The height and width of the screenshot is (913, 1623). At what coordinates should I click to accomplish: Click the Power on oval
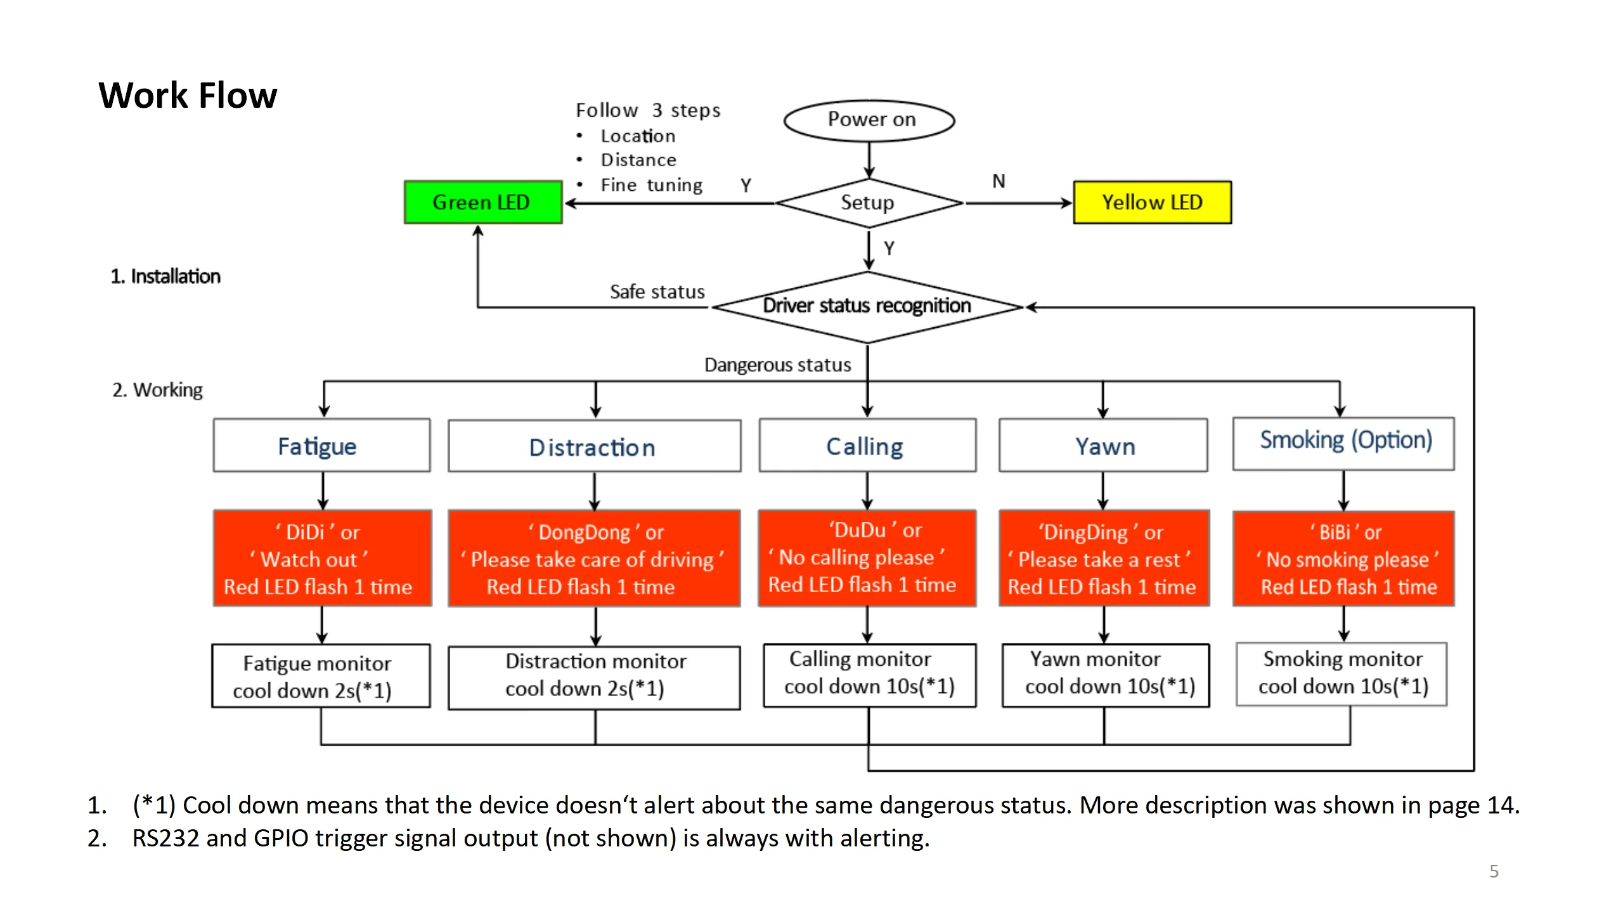click(x=869, y=120)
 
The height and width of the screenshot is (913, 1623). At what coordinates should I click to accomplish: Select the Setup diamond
click(x=868, y=203)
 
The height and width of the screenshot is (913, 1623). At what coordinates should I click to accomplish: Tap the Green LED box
click(x=482, y=202)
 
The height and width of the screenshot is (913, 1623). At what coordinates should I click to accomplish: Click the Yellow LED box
click(x=1152, y=202)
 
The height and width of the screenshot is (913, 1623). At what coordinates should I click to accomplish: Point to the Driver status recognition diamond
click(x=867, y=306)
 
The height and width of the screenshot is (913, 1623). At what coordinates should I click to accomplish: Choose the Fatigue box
click(x=321, y=446)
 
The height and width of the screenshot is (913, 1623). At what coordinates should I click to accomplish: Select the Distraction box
click(x=593, y=446)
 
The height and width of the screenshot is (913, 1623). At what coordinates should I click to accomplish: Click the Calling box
click(x=867, y=446)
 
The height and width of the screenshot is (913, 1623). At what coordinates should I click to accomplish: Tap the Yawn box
click(x=1103, y=446)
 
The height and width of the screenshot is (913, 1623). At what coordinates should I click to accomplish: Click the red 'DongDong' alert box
click(x=593, y=559)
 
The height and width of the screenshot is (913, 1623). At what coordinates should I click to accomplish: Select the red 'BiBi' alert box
click(x=1343, y=559)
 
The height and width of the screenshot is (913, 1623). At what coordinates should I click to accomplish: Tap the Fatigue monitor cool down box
click(x=321, y=676)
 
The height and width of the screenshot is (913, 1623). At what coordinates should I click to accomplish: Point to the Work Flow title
click(x=188, y=96)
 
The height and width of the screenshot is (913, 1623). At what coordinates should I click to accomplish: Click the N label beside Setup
click(x=999, y=182)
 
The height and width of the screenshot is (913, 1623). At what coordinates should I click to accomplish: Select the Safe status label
click(x=657, y=292)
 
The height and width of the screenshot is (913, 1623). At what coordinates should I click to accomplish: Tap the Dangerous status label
click(x=777, y=365)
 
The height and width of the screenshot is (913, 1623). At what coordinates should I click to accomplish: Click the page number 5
click(x=1494, y=871)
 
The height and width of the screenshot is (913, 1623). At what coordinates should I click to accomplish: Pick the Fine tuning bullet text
click(x=651, y=185)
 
